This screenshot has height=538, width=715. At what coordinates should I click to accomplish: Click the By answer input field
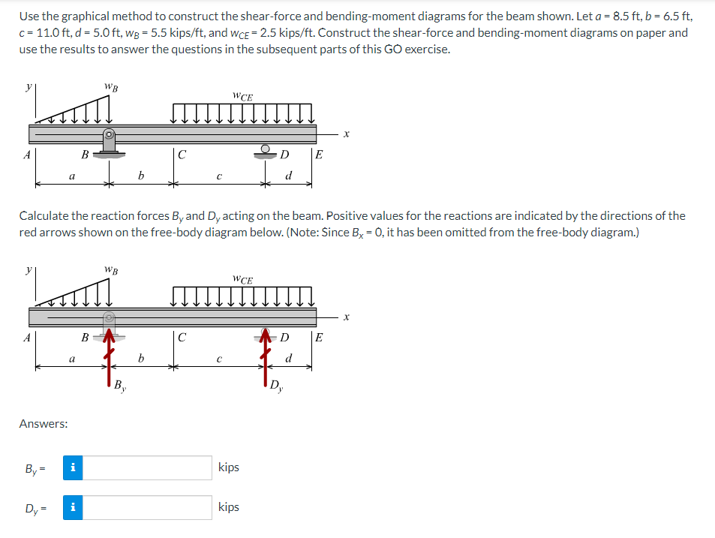pyautogui.click(x=146, y=467)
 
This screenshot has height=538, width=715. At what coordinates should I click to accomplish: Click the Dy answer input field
pyautogui.click(x=146, y=507)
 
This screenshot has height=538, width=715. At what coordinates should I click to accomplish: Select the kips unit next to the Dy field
pyautogui.click(x=228, y=507)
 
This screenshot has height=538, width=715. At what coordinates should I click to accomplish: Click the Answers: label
pyautogui.click(x=44, y=424)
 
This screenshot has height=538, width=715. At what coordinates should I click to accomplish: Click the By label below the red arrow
pyautogui.click(x=120, y=387)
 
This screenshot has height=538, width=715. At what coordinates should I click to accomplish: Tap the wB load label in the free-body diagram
pyautogui.click(x=110, y=269)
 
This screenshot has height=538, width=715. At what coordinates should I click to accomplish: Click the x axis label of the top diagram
pyautogui.click(x=346, y=135)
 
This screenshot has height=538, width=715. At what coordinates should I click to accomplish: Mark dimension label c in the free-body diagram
pyautogui.click(x=217, y=359)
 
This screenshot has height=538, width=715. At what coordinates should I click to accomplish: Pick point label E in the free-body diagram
pyautogui.click(x=319, y=337)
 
